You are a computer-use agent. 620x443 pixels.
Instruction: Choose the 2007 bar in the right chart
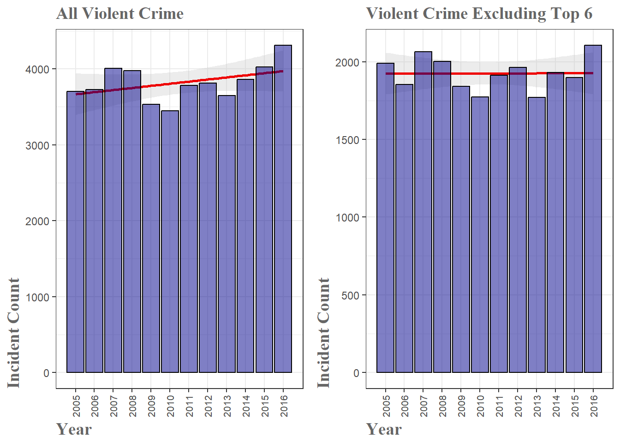[423, 212]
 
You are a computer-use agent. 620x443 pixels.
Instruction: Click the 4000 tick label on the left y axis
[37, 70]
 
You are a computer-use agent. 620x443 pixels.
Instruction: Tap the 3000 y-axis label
[37, 145]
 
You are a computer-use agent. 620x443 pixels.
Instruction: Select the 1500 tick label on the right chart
[347, 140]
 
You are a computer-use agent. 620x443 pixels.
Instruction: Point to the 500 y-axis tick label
[350, 295]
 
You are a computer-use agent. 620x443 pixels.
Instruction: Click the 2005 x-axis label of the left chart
[76, 406]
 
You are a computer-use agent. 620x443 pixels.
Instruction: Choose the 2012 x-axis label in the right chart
[518, 406]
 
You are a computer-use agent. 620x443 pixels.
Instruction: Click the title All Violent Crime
[120, 13]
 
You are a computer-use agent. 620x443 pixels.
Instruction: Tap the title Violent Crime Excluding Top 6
[479, 13]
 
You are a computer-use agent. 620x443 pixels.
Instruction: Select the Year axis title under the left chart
[74, 429]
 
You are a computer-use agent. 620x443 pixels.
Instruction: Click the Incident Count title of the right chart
[323, 333]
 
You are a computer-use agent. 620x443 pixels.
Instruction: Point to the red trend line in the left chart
[185, 83]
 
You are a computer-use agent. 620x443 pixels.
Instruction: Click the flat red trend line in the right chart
[461, 73]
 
